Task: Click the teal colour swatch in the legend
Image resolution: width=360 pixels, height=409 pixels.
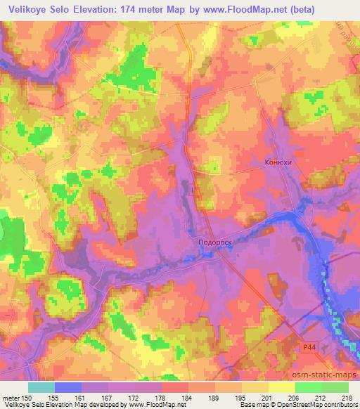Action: [41, 387]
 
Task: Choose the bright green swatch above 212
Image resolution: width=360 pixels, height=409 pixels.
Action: [308, 387]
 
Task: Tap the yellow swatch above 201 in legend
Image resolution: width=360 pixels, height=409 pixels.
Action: [255, 387]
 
